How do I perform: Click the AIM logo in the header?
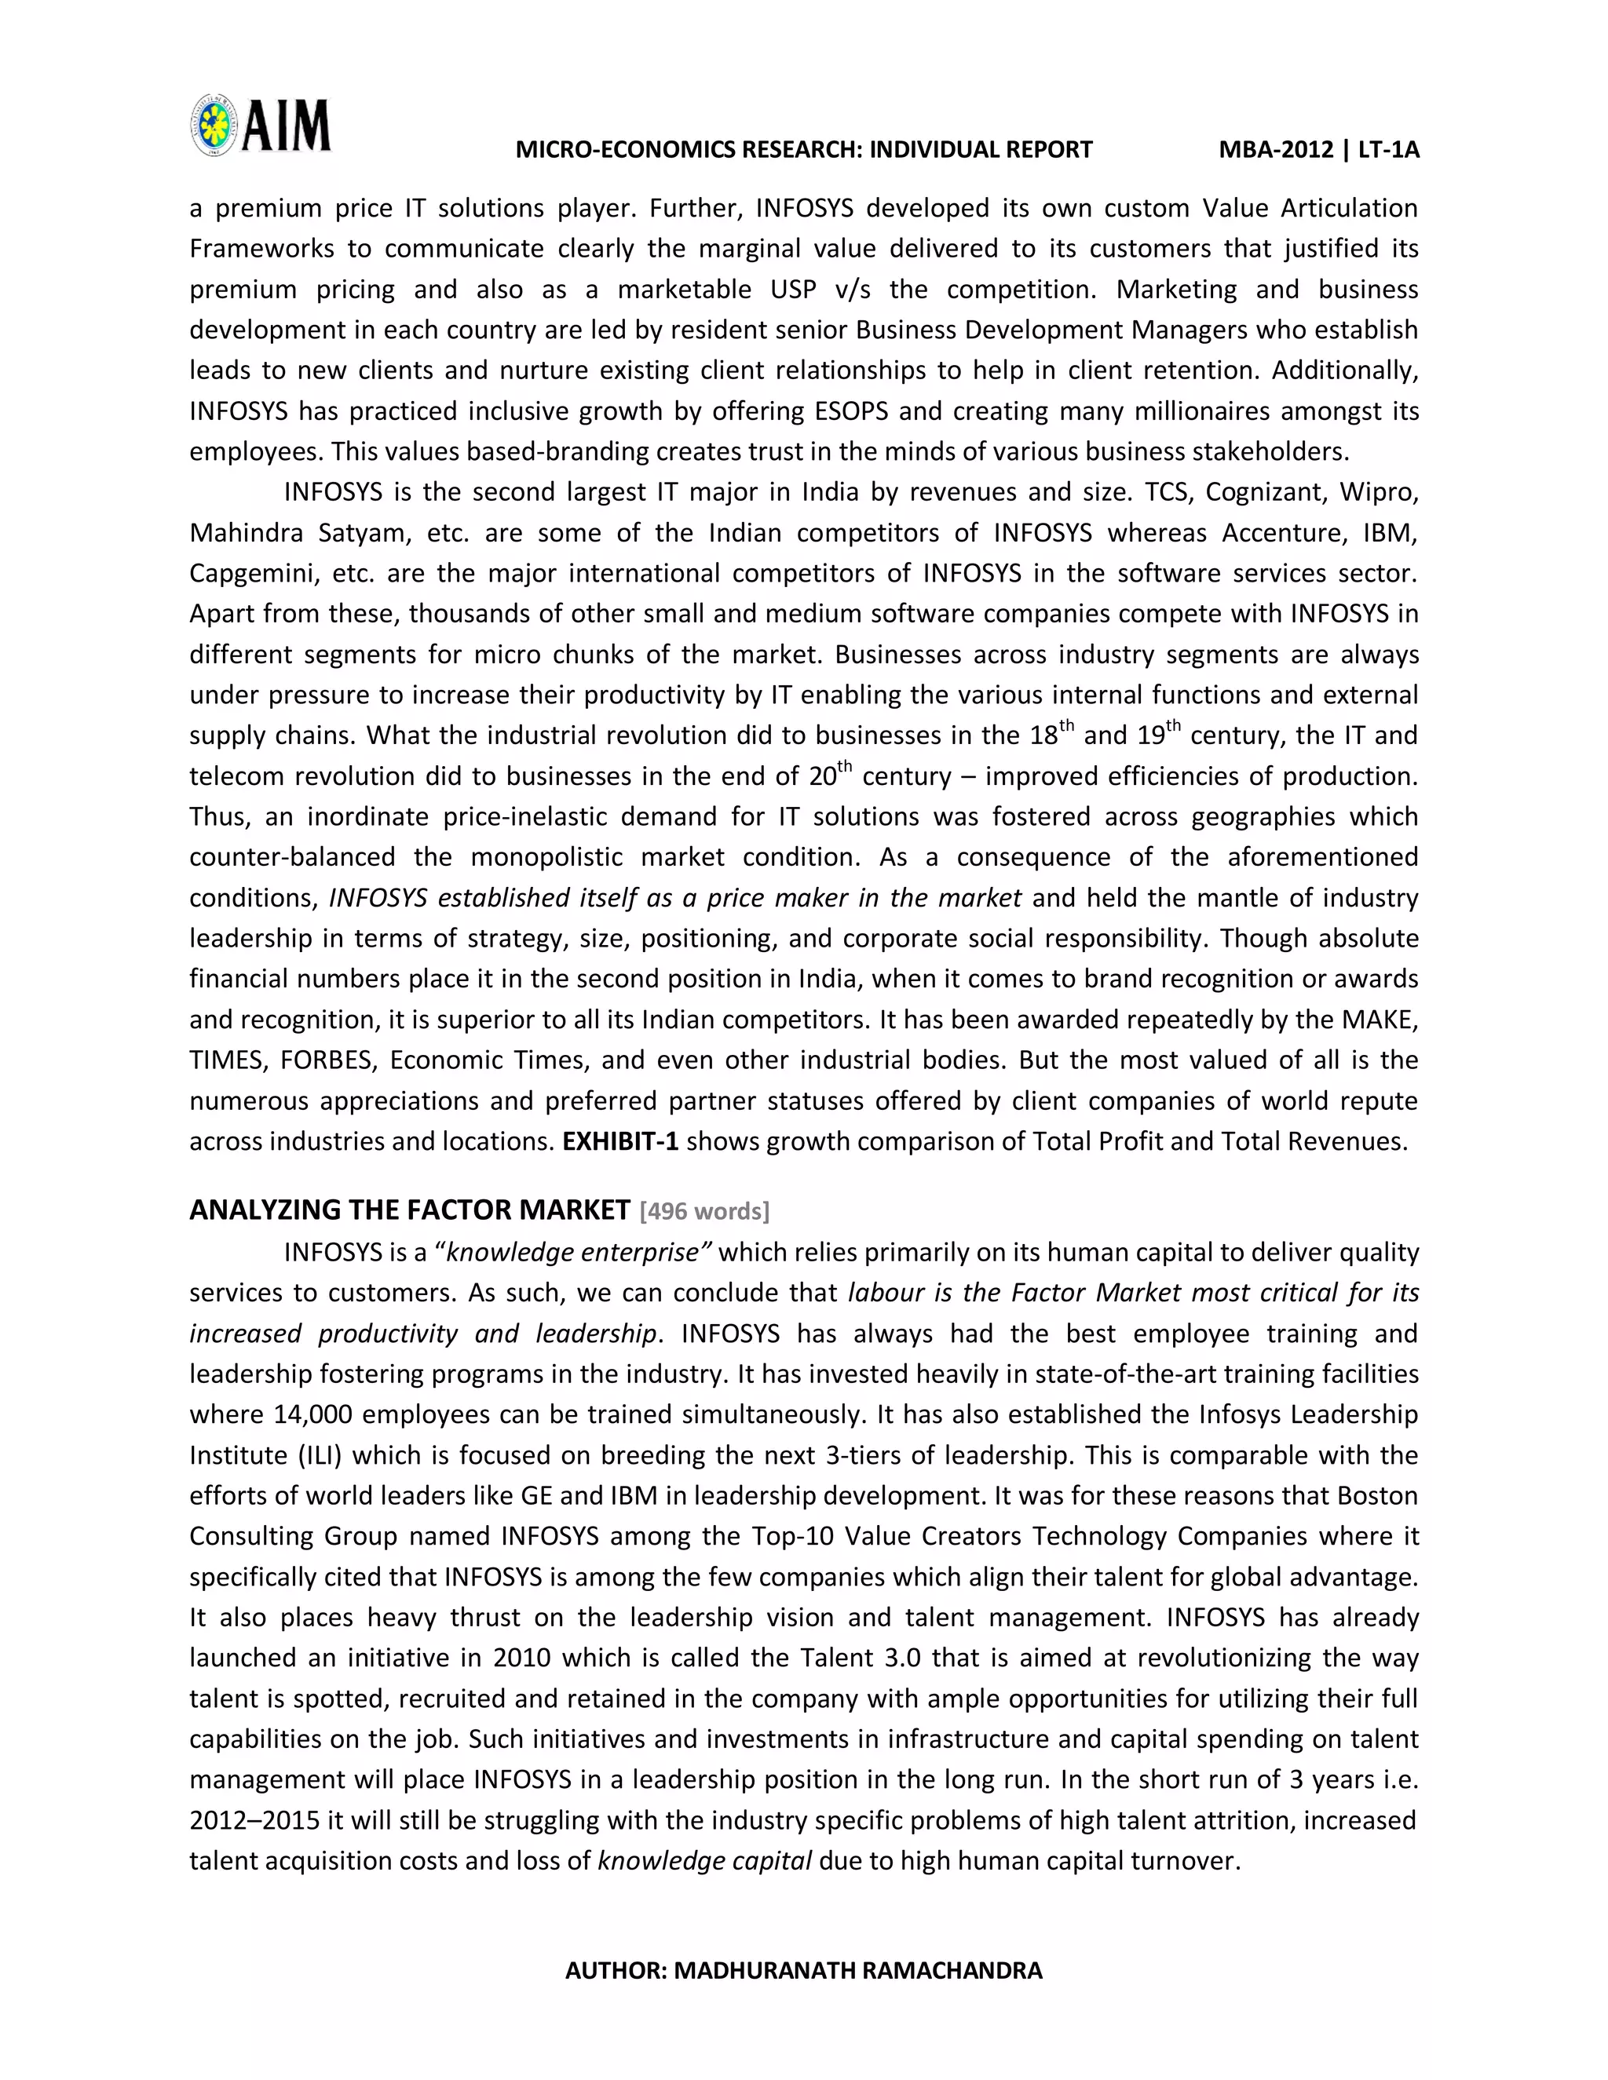260,126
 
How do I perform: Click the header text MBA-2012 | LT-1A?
1318,149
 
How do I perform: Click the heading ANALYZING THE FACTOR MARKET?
410,1210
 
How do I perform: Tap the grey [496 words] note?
705,1211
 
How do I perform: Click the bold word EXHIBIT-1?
620,1141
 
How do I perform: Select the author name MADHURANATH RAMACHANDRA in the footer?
857,1970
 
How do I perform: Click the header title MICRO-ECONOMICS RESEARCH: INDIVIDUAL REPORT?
803,149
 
